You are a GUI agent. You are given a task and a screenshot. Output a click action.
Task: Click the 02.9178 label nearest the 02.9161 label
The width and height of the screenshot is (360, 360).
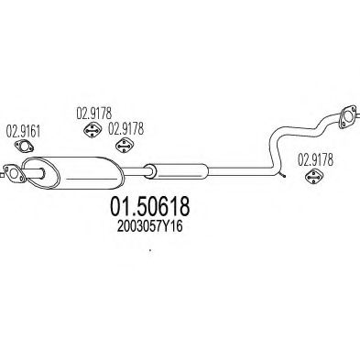pyautogui.click(x=93, y=114)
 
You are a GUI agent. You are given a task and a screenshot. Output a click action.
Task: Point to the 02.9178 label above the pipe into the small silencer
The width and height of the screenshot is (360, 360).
pyautogui.click(x=126, y=129)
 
